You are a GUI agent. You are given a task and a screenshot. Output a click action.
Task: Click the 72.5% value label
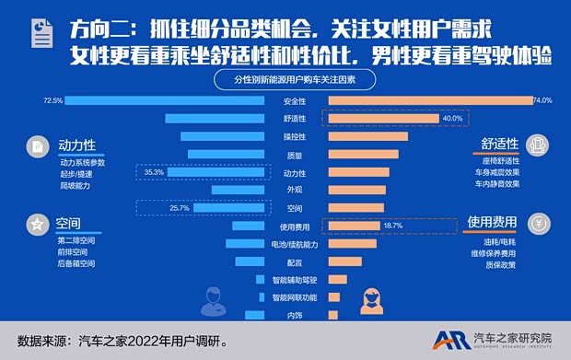(52, 100)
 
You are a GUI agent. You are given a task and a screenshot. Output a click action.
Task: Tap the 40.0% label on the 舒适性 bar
(452, 119)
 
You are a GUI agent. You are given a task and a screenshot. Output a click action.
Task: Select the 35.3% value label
(154, 172)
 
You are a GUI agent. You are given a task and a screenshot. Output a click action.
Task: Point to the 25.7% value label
(154, 208)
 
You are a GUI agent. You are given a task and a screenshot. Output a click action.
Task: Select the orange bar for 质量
(363, 155)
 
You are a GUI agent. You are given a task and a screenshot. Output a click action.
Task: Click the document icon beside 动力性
(35, 146)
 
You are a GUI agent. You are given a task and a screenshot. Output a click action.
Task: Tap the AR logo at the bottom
(449, 339)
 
